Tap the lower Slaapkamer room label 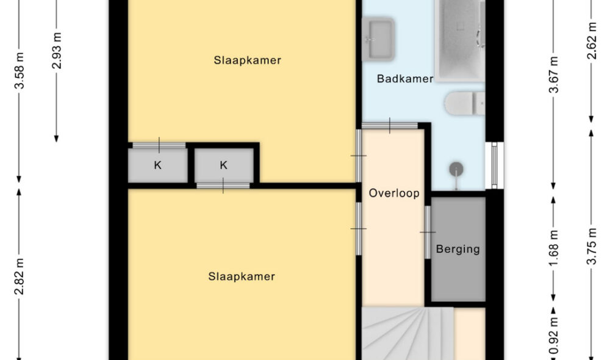point(242,276)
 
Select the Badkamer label point(404,79)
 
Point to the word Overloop point(394,193)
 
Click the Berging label point(457,249)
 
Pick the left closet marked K point(157,165)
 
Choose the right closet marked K point(223,165)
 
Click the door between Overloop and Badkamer point(390,126)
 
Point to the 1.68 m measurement point(554,247)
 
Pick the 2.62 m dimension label point(591,43)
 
